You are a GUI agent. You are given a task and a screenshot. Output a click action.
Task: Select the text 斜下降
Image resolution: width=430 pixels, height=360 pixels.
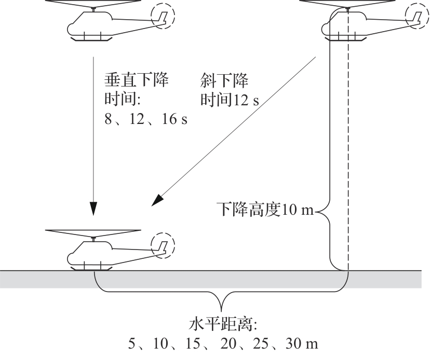pyautogui.click(x=223, y=81)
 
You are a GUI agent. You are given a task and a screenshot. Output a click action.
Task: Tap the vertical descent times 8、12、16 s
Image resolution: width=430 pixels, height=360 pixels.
pyautogui.click(x=146, y=119)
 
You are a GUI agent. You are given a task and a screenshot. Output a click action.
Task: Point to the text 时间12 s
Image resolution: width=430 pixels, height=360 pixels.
pyautogui.click(x=229, y=100)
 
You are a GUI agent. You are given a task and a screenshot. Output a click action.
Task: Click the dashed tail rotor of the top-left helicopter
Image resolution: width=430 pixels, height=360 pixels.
pyautogui.click(x=163, y=17)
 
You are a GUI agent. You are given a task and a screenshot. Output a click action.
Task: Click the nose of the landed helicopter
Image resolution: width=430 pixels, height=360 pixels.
pyautogui.click(x=70, y=256)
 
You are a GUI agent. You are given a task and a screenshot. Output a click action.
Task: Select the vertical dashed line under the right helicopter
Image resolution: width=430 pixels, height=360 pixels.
pyautogui.click(x=347, y=156)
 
